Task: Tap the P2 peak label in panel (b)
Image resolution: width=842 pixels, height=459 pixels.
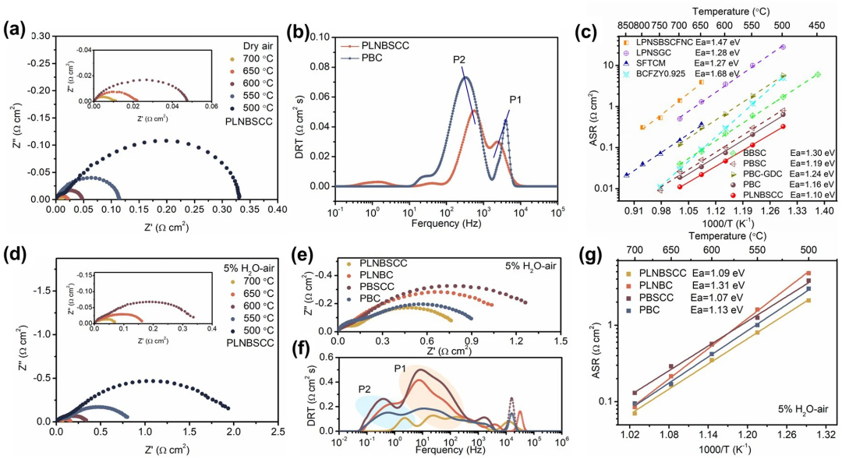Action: [x=458, y=60]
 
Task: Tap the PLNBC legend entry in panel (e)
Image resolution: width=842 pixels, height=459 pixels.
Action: [x=380, y=275]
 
